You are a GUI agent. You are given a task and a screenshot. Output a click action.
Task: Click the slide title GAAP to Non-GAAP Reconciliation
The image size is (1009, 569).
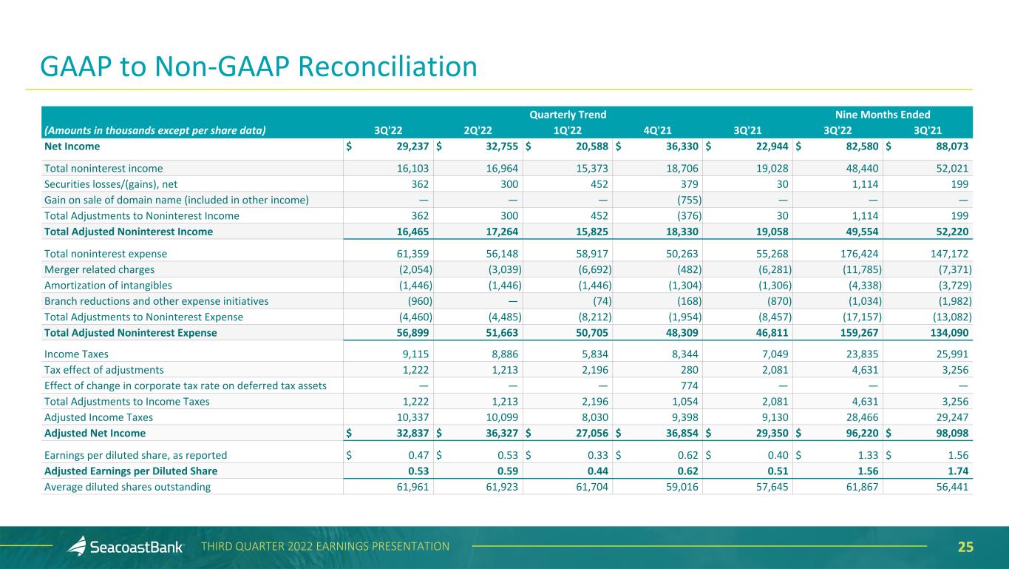coord(259,67)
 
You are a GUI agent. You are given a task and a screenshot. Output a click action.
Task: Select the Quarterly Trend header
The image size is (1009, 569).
coord(568,115)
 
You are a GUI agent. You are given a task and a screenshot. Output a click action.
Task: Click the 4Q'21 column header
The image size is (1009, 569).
coord(657,130)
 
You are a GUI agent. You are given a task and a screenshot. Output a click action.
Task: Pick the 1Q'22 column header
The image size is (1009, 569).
coord(568,130)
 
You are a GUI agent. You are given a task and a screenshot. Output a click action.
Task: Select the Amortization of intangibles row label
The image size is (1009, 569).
coord(108,286)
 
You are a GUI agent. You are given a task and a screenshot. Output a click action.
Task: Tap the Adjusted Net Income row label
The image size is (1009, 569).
coord(95,433)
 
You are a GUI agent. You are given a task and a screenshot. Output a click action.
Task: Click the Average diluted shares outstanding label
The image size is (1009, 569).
coord(128,487)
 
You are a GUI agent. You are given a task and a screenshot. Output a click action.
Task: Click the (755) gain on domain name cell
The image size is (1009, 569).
coord(687,200)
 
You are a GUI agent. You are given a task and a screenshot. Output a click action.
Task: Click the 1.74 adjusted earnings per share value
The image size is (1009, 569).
coord(958,471)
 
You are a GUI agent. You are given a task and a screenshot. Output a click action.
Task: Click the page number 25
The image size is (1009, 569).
coord(965,548)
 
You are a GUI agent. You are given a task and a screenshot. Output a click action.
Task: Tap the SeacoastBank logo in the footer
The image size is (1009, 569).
coord(126,548)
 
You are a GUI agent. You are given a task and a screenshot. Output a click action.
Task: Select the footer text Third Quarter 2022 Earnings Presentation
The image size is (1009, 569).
coord(325,547)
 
